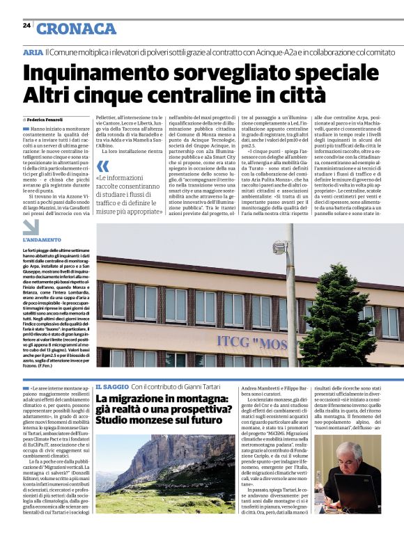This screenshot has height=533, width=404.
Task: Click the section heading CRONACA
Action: (76, 29)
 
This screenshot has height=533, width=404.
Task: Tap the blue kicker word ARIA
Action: (32, 52)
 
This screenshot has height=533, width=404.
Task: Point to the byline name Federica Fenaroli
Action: (45, 120)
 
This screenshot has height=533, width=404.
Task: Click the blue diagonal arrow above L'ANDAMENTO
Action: (31, 227)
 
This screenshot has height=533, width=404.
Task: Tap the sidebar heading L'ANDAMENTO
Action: (42, 240)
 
